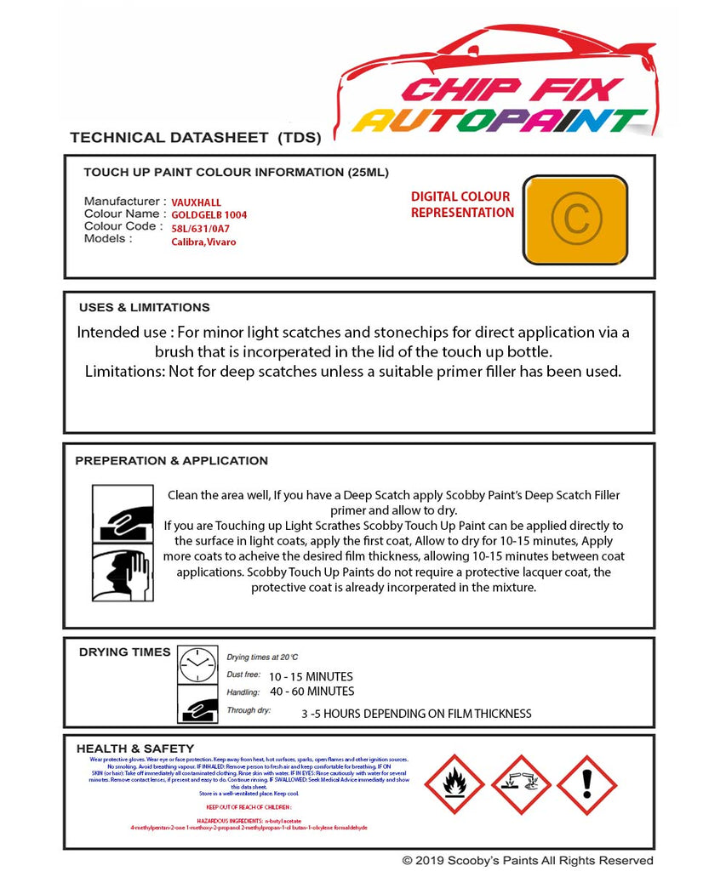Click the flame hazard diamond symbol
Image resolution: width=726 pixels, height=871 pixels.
point(454,784)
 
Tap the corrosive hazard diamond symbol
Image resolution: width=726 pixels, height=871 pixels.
point(521,784)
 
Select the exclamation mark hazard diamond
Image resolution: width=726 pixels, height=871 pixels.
point(586,784)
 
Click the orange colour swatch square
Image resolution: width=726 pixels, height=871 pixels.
point(575,219)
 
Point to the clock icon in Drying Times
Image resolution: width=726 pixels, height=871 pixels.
point(197,665)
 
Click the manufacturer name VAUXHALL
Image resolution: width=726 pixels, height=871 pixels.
point(196,202)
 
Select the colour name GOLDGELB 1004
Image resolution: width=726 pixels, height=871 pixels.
point(209,215)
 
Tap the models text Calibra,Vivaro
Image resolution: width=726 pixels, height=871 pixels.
point(203,242)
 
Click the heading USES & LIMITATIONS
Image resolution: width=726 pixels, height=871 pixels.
point(144,307)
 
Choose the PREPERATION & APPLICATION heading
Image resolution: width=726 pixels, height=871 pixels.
point(171,460)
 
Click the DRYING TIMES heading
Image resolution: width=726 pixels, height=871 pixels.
point(124,652)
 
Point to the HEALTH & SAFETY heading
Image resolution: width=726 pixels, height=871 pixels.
point(134,749)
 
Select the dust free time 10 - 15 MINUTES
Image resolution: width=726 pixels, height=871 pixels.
point(311,676)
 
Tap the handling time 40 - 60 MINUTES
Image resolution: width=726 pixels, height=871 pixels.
point(312,691)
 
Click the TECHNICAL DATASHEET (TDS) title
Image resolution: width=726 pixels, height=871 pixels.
point(195,137)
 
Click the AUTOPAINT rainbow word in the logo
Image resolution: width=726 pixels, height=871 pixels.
point(500,120)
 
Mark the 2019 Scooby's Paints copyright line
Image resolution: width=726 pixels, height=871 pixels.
point(528,861)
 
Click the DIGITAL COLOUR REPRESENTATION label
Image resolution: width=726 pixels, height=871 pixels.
point(461,204)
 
